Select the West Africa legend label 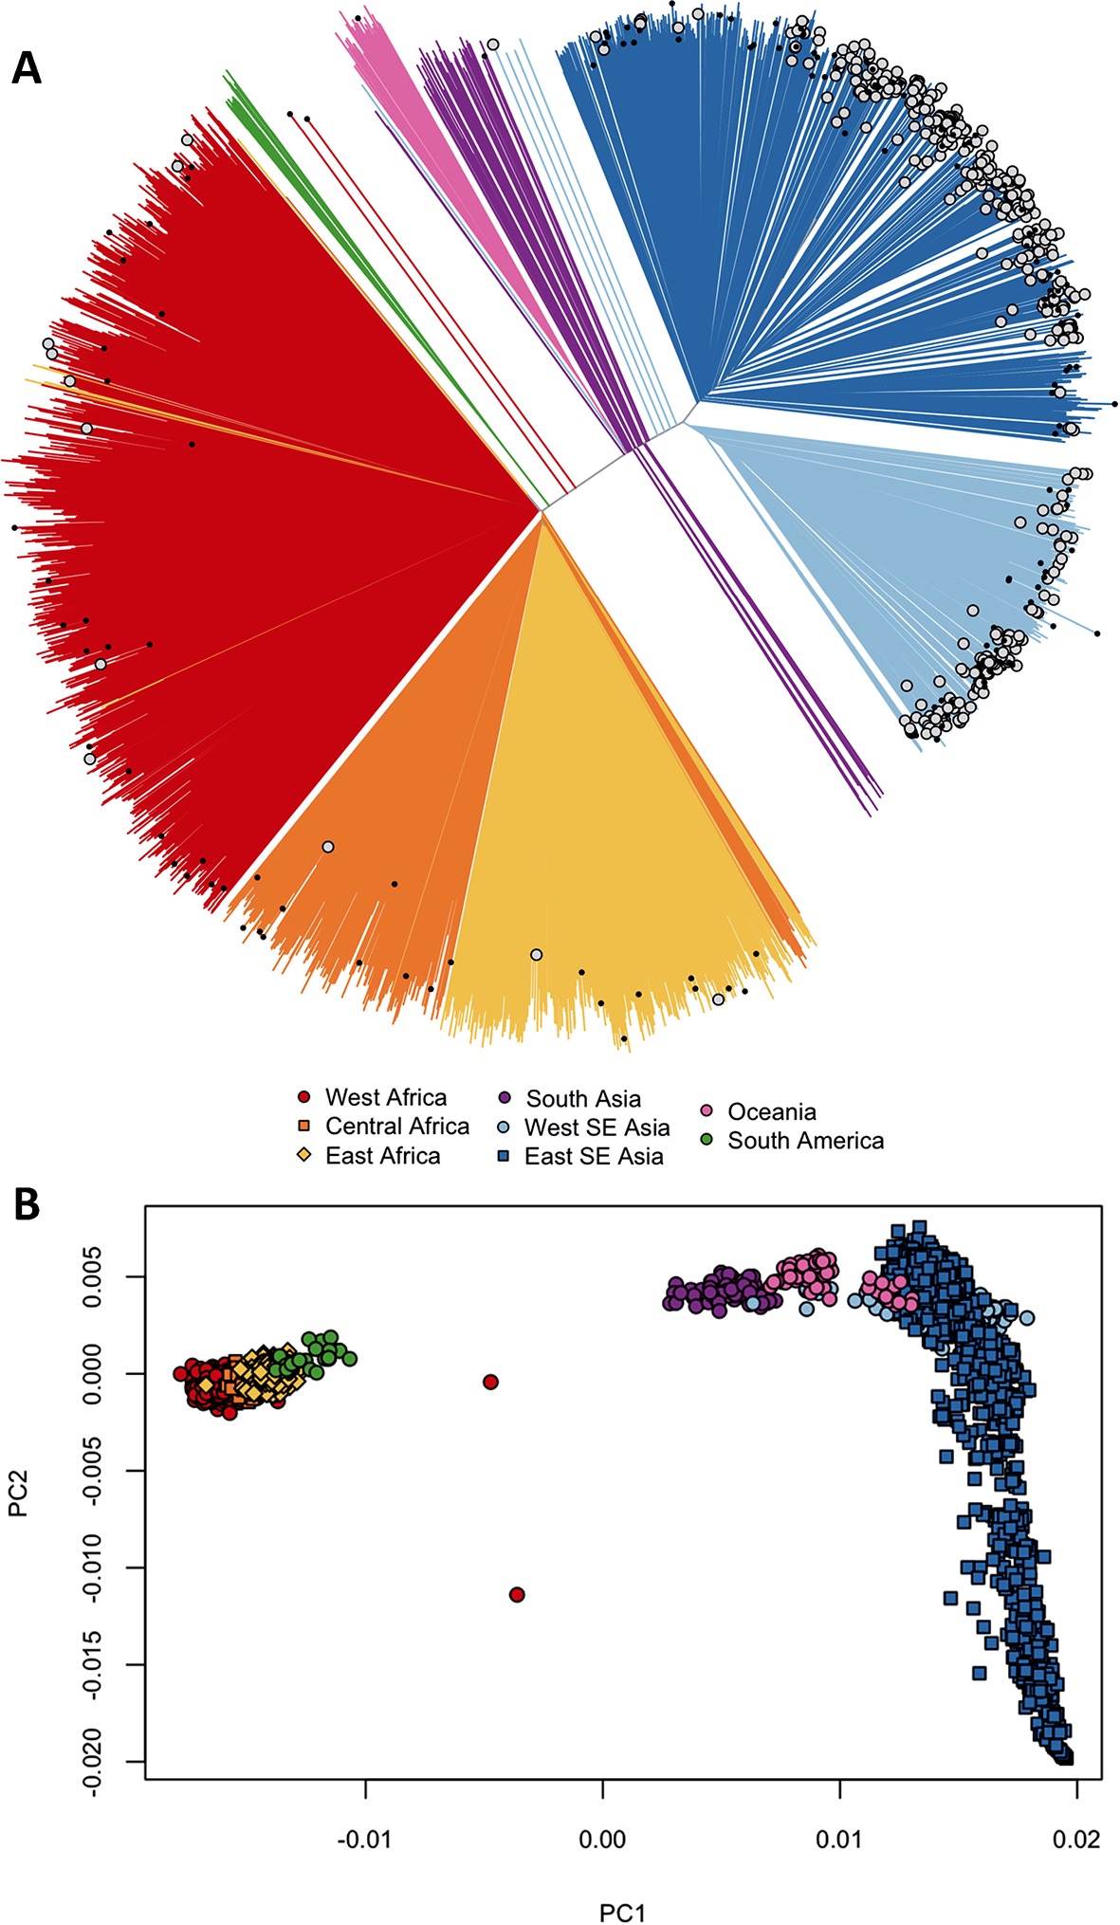[x=385, y=1097]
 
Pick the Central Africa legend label [x=396, y=1127]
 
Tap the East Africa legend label [x=382, y=1156]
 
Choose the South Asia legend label [x=583, y=1098]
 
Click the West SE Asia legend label [x=597, y=1127]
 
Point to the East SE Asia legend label [x=594, y=1156]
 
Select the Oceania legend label [x=771, y=1111]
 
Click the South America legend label [x=805, y=1141]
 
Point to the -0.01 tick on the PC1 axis [x=366, y=1841]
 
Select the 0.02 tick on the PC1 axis [x=1076, y=1841]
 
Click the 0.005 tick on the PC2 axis [x=92, y=1276]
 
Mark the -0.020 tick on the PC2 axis [x=92, y=1761]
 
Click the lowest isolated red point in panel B [x=517, y=1594]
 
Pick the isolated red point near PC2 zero [x=490, y=1382]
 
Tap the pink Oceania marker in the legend [x=707, y=1110]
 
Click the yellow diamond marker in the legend [x=304, y=1156]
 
